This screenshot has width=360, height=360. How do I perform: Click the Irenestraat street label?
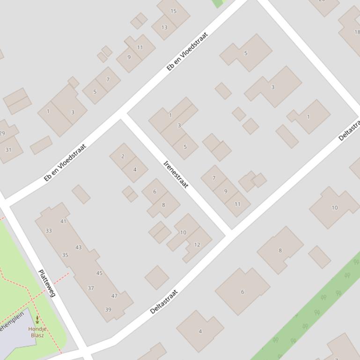point(176,174)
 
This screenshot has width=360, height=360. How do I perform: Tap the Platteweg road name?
point(47,283)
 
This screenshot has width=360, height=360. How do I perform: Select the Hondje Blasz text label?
point(37,332)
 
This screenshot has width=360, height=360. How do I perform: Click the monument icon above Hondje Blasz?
point(37,320)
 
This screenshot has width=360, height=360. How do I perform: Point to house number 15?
point(174,11)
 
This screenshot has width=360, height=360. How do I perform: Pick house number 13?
point(164,28)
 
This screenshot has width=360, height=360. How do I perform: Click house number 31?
point(8,150)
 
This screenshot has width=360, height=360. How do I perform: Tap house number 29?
point(2,133)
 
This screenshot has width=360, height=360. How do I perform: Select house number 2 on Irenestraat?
point(123,157)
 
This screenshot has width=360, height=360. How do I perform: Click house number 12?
point(197,245)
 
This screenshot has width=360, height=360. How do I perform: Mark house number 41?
point(63,221)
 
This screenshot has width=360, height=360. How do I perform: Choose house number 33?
point(49,230)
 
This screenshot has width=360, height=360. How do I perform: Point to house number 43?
point(78,247)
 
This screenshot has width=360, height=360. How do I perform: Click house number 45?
point(99,273)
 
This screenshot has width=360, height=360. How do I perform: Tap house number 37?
point(91,288)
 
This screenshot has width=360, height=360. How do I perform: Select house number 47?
point(114,295)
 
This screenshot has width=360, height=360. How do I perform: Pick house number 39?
point(108,310)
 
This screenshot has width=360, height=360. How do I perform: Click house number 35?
point(65,255)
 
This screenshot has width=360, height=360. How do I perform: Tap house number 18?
point(357,32)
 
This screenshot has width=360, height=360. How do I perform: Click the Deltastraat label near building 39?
point(164,302)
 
